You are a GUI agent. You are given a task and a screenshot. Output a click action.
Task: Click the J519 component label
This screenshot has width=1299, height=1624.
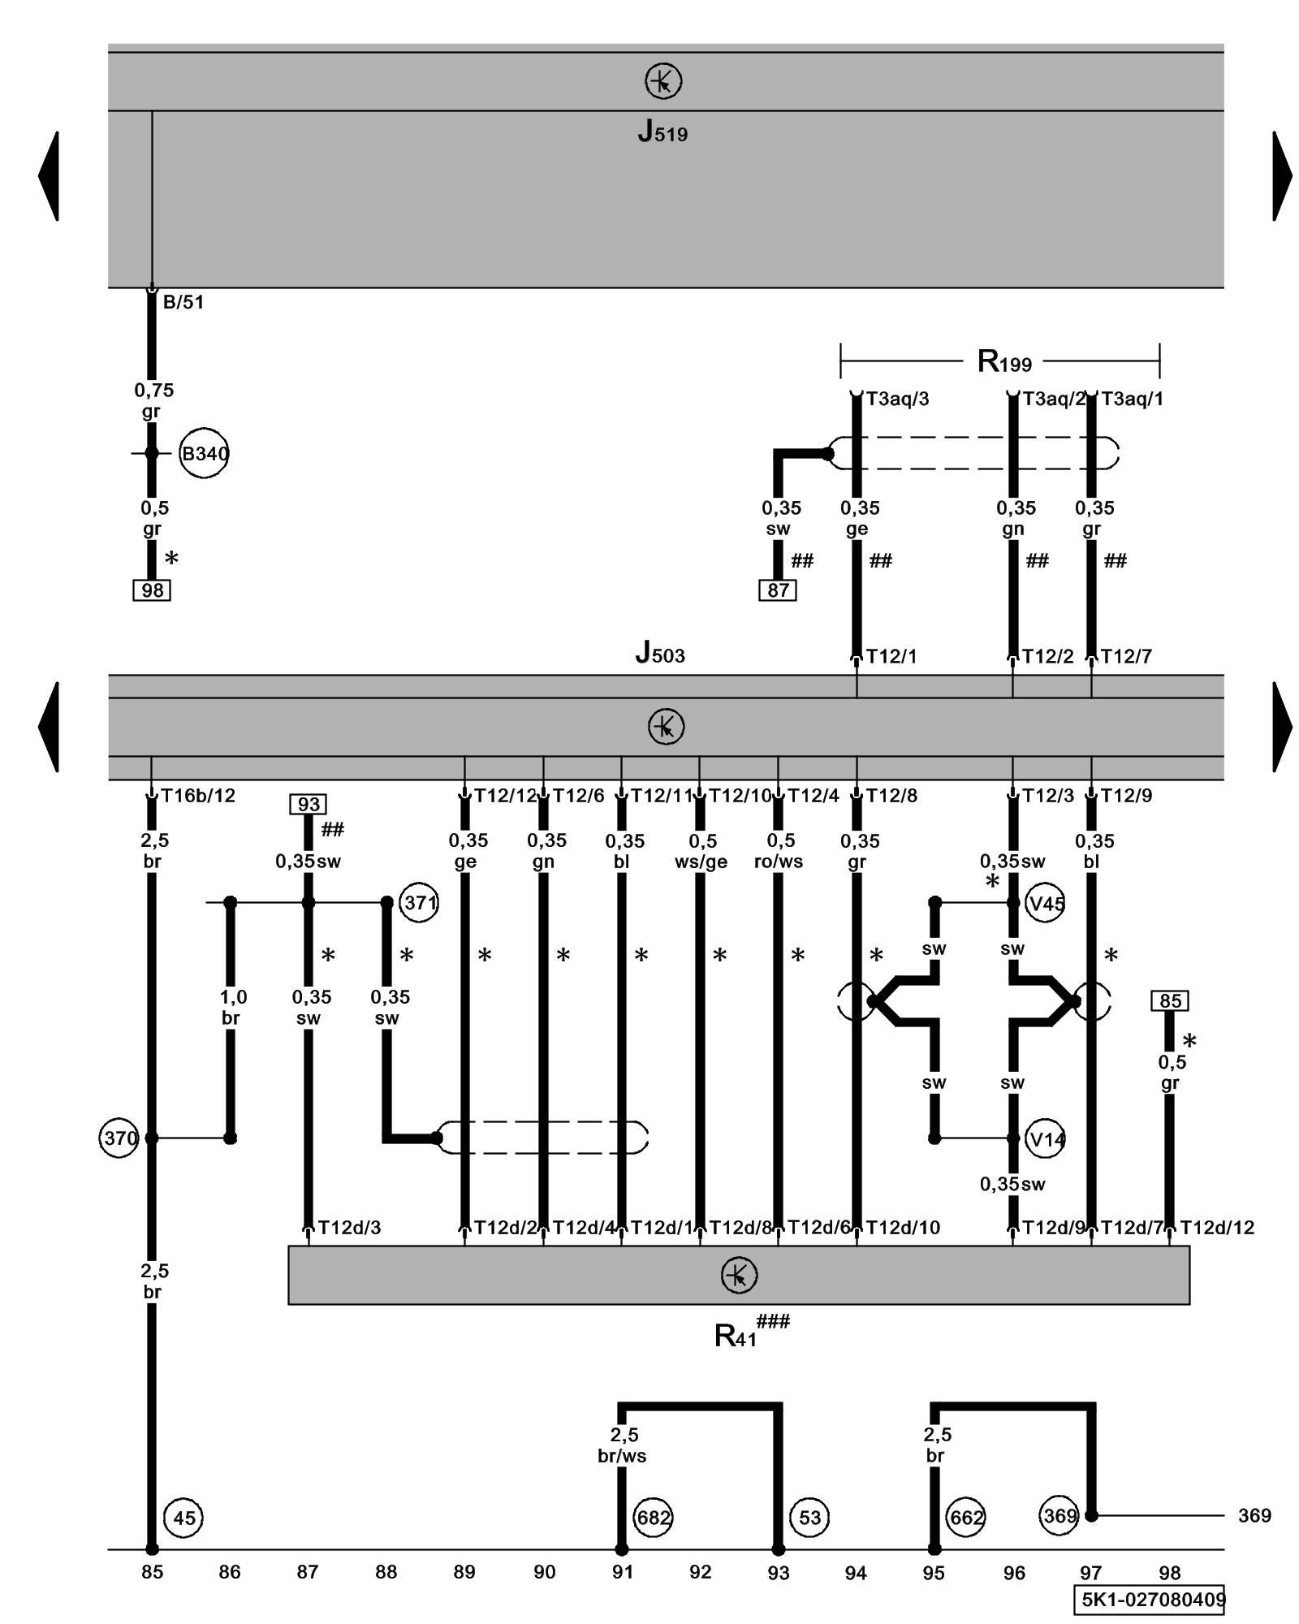pyautogui.click(x=662, y=132)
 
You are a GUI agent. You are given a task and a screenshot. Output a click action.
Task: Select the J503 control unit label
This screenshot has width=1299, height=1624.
pyautogui.click(x=660, y=652)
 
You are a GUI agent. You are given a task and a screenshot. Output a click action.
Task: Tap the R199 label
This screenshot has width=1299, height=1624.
pyautogui.click(x=1004, y=361)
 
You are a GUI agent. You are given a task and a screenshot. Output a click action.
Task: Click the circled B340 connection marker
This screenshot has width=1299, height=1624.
pyautogui.click(x=204, y=453)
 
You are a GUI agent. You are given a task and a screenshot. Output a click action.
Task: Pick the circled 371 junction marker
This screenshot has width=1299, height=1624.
pyautogui.click(x=420, y=902)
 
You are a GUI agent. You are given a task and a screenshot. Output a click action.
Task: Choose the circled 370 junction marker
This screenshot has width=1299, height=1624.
pyautogui.click(x=119, y=1138)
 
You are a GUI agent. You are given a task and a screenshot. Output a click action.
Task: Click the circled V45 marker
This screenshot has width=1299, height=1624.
pyautogui.click(x=1046, y=903)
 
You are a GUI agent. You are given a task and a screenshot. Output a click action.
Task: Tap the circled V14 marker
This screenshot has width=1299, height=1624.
pyautogui.click(x=1046, y=1139)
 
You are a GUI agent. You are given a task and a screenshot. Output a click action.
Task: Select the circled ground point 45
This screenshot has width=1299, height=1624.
pyautogui.click(x=184, y=1518)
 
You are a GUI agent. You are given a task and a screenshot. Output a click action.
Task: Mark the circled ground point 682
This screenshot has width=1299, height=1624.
pyautogui.click(x=654, y=1518)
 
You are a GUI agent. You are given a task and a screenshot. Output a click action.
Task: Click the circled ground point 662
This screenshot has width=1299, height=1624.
pyautogui.click(x=966, y=1518)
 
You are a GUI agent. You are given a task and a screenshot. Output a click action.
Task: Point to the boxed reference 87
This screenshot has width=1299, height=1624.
pyautogui.click(x=778, y=590)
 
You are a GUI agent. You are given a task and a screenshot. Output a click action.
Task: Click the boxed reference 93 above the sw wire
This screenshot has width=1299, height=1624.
pyautogui.click(x=309, y=804)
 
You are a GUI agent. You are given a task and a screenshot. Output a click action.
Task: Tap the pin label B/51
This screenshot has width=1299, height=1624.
pyautogui.click(x=183, y=302)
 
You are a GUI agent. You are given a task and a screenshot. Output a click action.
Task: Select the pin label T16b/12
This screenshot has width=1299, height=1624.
pyautogui.click(x=198, y=796)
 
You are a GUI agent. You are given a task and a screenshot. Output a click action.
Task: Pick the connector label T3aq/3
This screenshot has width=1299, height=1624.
pyautogui.click(x=897, y=399)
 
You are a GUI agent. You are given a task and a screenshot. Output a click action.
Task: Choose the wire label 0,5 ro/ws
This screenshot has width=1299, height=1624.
pyautogui.click(x=779, y=851)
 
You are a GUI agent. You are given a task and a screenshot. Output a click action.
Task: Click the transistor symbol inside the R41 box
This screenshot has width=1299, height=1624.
pyautogui.click(x=739, y=1275)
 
